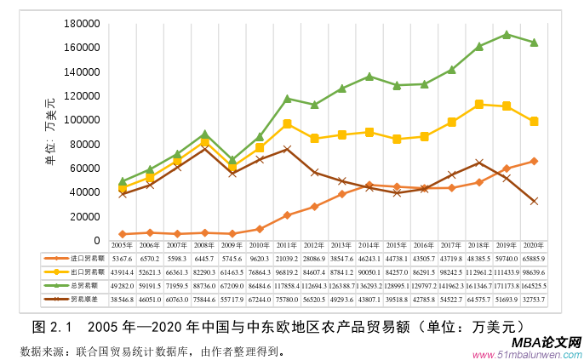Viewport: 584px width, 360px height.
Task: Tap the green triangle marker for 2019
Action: point(507,35)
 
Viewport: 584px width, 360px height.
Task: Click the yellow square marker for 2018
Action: point(479,104)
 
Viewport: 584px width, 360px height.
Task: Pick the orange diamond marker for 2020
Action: point(534,161)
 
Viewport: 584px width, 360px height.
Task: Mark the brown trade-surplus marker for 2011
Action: point(287,149)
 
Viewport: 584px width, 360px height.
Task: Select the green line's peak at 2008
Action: point(205,134)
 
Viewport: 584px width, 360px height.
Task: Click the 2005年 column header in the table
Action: point(123,243)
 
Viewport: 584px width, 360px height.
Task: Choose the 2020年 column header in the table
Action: point(534,243)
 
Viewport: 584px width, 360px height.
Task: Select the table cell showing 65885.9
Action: point(534,258)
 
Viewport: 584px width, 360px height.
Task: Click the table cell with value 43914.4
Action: point(123,272)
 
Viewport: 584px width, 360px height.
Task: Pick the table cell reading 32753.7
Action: point(534,300)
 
